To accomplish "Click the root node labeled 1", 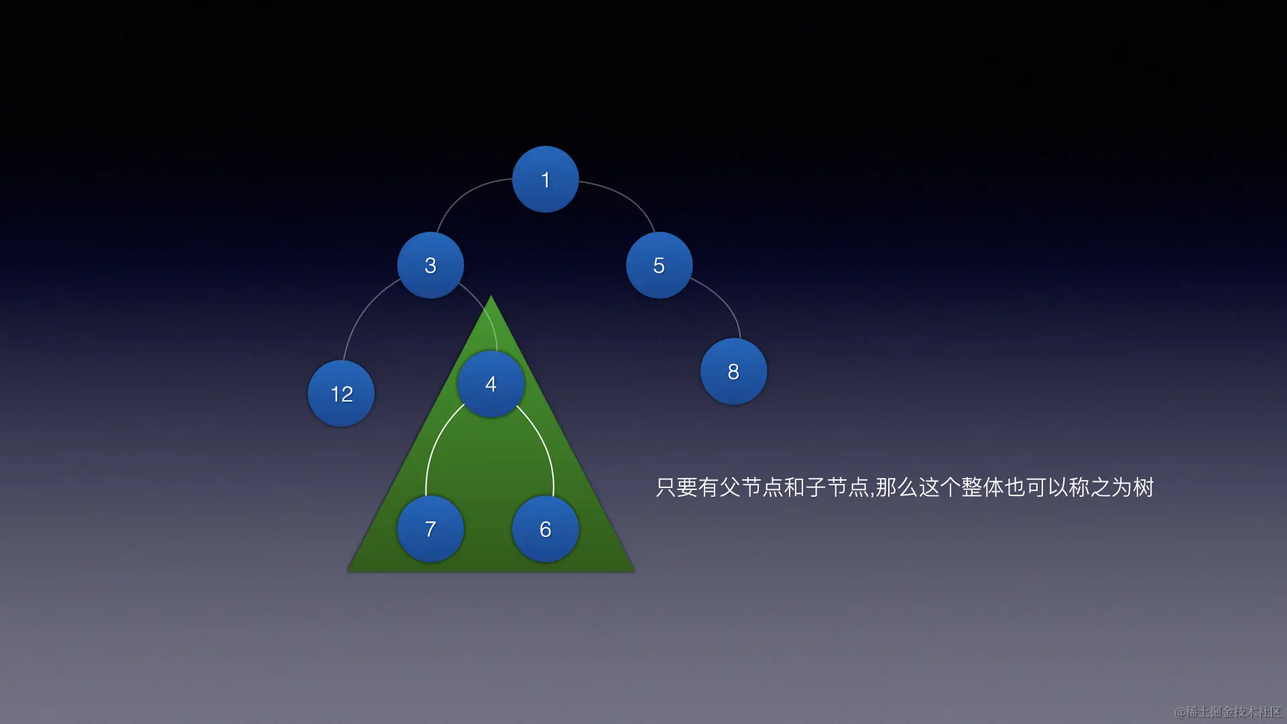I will [545, 180].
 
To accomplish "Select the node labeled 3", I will [430, 265].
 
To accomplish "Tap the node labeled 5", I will [659, 265].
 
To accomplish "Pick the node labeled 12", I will [341, 394].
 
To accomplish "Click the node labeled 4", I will [491, 384].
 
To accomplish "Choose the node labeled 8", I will [733, 371].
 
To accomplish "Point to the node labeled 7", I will [430, 529].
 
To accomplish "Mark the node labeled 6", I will [545, 529].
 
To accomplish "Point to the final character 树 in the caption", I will [1144, 487].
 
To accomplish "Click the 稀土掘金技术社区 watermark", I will [1228, 711].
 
